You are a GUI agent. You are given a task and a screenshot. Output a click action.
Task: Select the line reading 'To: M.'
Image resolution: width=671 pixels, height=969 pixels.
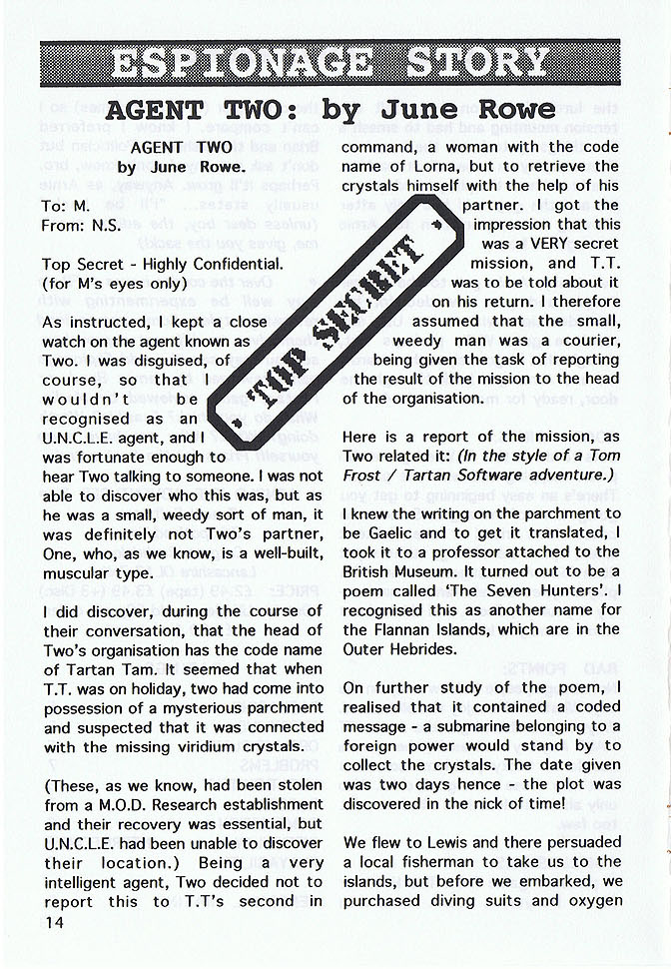(x=68, y=205)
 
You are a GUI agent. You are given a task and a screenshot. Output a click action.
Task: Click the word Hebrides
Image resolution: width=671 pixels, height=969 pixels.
(x=427, y=648)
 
